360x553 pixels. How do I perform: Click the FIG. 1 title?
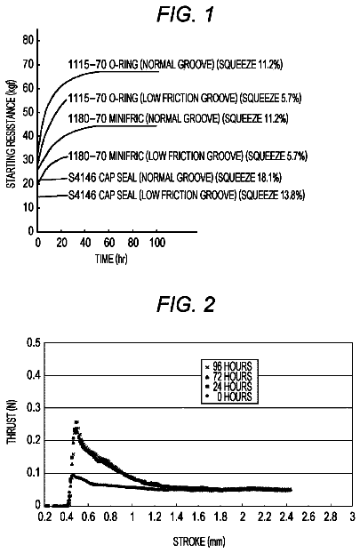(185, 14)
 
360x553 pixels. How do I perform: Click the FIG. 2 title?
(185, 304)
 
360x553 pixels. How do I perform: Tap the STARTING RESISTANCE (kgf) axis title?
(12, 141)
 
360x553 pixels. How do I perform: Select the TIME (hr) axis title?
(111, 259)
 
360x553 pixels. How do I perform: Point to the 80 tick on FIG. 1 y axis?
(28, 40)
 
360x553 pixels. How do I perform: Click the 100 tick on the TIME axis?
(157, 243)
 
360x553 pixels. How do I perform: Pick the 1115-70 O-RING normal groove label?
(175, 64)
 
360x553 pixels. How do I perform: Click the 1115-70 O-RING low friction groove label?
(185, 98)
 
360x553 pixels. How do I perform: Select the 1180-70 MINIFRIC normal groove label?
(178, 118)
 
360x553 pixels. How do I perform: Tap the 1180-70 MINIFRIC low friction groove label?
(188, 156)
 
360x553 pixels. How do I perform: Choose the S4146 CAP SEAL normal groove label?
(175, 178)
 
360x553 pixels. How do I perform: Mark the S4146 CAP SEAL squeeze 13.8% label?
(187, 195)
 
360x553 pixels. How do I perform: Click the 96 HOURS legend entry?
(228, 366)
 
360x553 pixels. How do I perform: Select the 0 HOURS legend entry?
(228, 397)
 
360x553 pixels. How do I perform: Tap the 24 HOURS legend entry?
(228, 387)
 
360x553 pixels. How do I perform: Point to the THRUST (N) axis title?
(12, 425)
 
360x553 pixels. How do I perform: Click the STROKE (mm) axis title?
(199, 541)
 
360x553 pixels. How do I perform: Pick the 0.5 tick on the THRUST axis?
(34, 343)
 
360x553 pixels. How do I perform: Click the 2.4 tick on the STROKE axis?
(286, 517)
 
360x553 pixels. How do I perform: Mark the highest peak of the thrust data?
(76, 421)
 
